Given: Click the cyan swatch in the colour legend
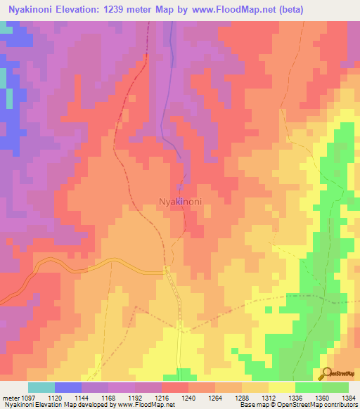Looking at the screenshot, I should [x=41, y=387].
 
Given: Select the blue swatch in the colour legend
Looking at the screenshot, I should [x=67, y=387].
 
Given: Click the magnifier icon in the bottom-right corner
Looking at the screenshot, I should [x=326, y=374].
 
